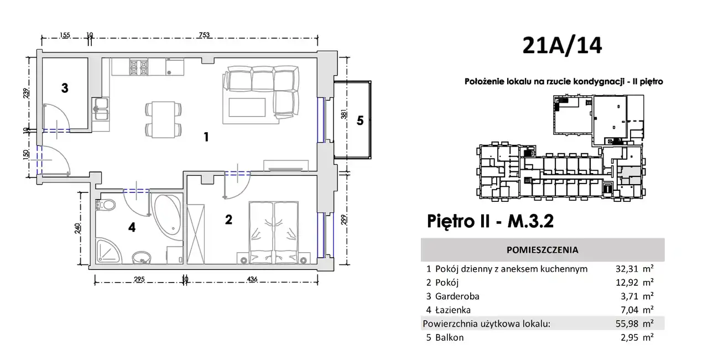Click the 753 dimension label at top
[204, 35]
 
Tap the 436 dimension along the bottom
[252, 279]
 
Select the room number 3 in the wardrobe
[65, 88]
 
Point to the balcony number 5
[360, 121]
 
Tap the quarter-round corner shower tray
[108, 251]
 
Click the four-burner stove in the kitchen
[138, 67]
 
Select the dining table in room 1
[163, 119]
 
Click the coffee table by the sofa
[247, 107]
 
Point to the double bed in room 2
[274, 232]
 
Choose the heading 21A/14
[562, 45]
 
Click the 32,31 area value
[627, 269]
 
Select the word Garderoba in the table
[457, 296]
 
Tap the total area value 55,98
[627, 324]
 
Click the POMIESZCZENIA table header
[543, 250]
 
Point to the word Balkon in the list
[450, 337]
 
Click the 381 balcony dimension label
[343, 114]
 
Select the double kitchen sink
[101, 109]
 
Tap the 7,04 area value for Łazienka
[629, 310]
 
